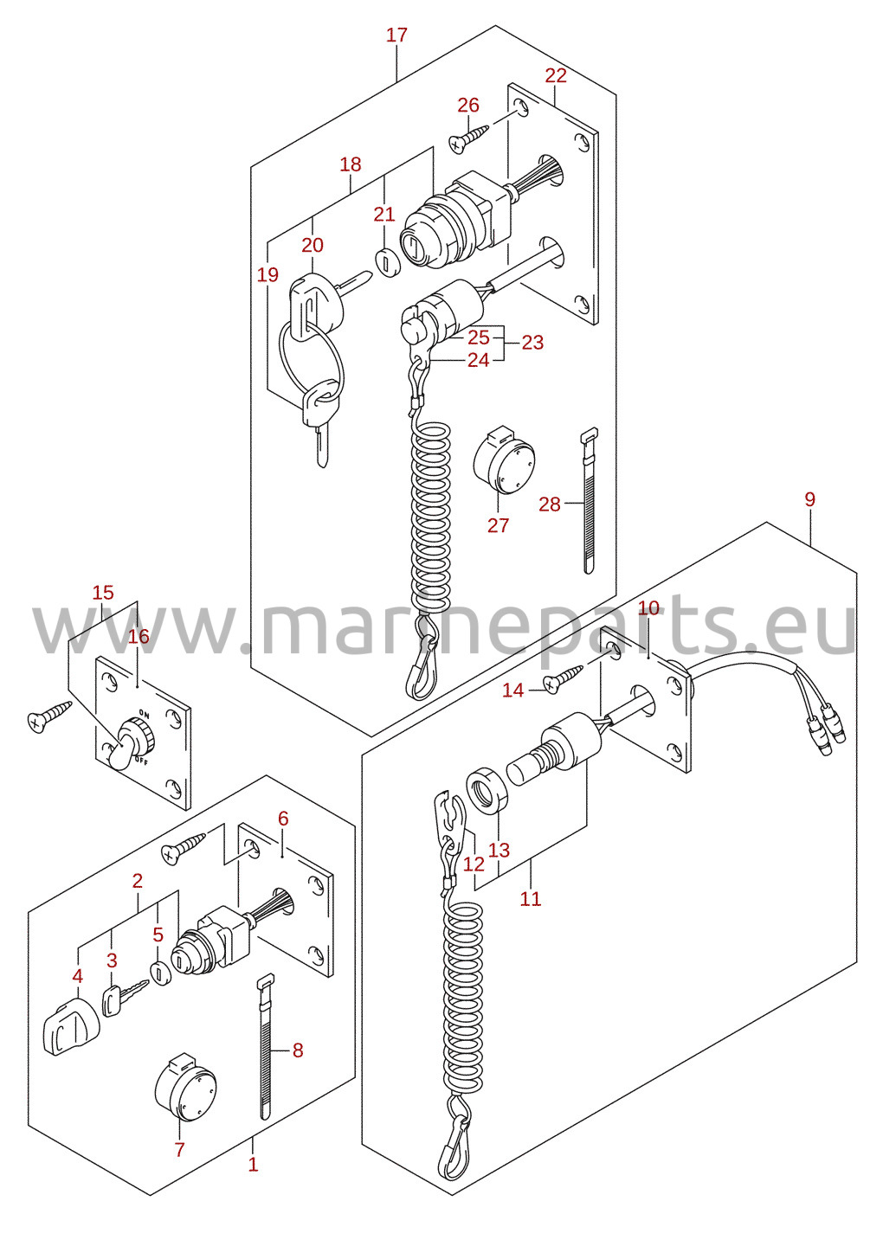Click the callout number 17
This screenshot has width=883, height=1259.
click(x=396, y=35)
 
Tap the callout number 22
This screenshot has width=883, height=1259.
click(x=555, y=75)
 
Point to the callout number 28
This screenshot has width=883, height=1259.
click(x=550, y=504)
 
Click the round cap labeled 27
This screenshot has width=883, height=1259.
click(x=504, y=460)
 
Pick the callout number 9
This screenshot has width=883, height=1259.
click(x=809, y=499)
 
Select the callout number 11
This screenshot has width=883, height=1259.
click(x=531, y=898)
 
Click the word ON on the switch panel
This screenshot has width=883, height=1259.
click(x=145, y=715)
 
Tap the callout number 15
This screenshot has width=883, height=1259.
click(x=103, y=593)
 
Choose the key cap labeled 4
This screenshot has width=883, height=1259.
click(x=70, y=1028)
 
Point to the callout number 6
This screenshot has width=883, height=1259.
click(x=283, y=818)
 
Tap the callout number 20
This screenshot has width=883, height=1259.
click(x=313, y=245)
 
